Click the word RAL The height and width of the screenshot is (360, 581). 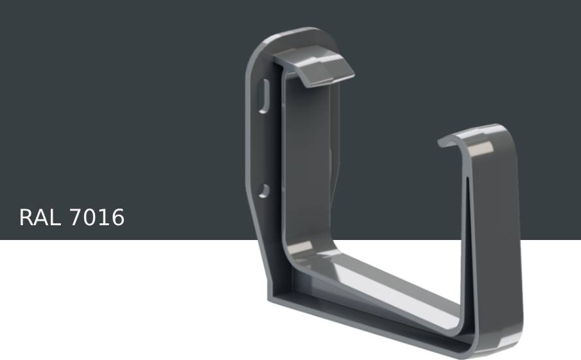point(41,218)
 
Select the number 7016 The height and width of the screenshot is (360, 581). point(96,218)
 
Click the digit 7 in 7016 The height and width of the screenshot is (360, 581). point(76,218)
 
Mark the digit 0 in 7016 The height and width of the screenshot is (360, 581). point(89,218)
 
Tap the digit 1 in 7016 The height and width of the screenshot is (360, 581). point(103,218)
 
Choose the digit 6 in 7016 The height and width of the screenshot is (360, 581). point(117,218)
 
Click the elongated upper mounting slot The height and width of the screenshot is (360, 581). point(263,97)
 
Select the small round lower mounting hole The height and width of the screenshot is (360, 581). point(263,190)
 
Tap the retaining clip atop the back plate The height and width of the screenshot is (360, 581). point(318,70)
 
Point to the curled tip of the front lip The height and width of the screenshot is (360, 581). point(444,142)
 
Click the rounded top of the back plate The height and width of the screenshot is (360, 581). point(295,35)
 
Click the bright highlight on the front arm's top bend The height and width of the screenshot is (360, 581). point(481,149)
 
